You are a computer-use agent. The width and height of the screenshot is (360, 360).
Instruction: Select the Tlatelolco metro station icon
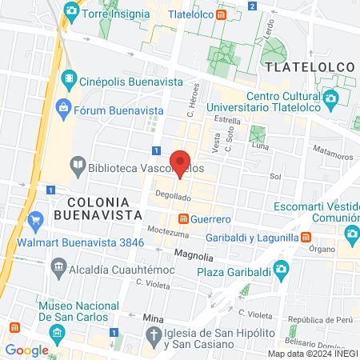(x=232, y=14)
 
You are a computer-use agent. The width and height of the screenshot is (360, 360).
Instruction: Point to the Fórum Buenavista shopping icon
(x=63, y=106)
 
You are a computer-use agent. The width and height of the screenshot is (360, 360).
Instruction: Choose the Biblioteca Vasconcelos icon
(x=78, y=167)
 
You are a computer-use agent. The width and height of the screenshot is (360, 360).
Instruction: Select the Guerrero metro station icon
(x=183, y=218)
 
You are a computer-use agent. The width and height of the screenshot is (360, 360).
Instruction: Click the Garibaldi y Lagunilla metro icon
(x=306, y=236)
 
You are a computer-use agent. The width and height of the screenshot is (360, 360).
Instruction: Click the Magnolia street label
(x=194, y=256)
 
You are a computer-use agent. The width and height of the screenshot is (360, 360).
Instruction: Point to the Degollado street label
(x=173, y=196)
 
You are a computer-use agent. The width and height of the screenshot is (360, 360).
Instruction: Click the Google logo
(x=26, y=350)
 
